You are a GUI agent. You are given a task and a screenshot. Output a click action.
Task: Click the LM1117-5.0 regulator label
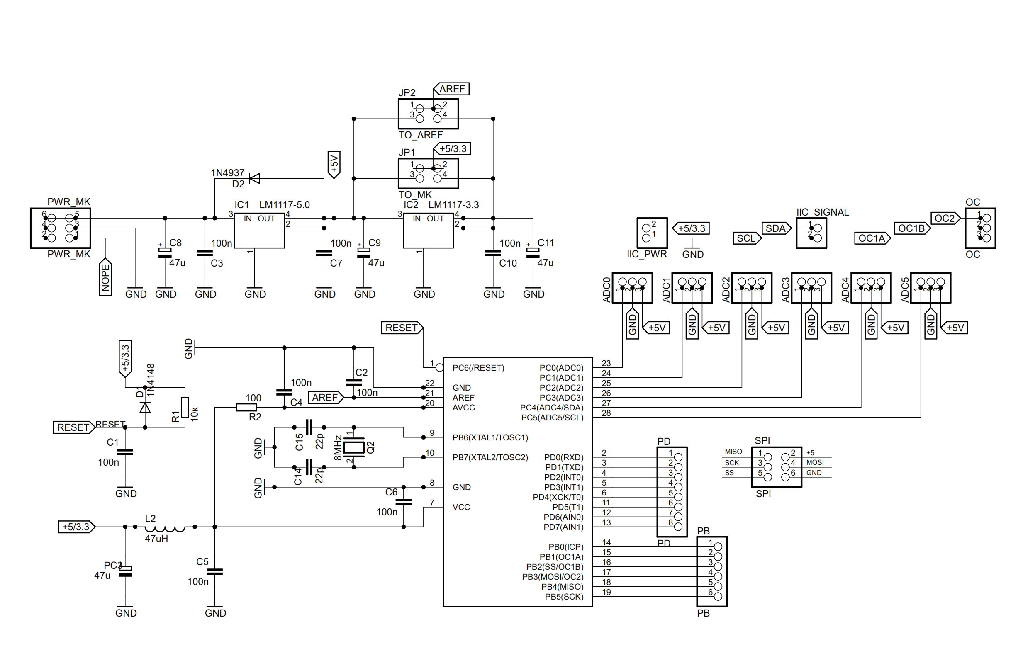pyautogui.click(x=284, y=205)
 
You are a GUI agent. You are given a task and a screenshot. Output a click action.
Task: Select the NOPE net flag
pyautogui.click(x=105, y=277)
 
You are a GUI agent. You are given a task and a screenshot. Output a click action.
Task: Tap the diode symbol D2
pyautogui.click(x=254, y=178)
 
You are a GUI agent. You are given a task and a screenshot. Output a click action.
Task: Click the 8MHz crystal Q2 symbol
pyautogui.click(x=353, y=447)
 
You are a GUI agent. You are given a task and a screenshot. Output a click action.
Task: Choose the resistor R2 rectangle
pyautogui.click(x=246, y=408)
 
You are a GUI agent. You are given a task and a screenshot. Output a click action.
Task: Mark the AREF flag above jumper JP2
pyautogui.click(x=452, y=89)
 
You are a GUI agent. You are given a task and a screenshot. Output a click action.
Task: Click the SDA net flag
pyautogui.click(x=776, y=228)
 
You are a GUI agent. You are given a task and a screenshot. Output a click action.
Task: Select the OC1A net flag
pyautogui.click(x=872, y=239)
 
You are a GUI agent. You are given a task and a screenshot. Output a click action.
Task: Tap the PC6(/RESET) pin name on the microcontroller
pyautogui.click(x=478, y=368)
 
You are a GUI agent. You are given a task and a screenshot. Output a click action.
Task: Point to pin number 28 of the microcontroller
pyautogui.click(x=606, y=413)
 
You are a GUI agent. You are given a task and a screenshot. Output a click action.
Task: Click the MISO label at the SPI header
pyautogui.click(x=733, y=452)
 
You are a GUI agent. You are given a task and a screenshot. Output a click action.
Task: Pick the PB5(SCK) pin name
pyautogui.click(x=564, y=597)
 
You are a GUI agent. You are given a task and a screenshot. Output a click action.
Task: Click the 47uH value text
pyautogui.click(x=156, y=539)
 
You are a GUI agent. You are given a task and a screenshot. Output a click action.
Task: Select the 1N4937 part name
pyautogui.click(x=228, y=173)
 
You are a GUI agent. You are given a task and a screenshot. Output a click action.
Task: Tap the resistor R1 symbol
pyautogui.click(x=185, y=408)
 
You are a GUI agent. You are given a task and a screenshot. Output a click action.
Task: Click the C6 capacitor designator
pyautogui.click(x=391, y=492)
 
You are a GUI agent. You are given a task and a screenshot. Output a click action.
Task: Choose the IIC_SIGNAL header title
pyautogui.click(x=823, y=212)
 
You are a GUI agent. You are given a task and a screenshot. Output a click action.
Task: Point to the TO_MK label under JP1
pyautogui.click(x=415, y=195)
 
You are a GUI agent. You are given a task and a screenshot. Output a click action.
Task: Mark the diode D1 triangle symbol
pyautogui.click(x=145, y=408)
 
